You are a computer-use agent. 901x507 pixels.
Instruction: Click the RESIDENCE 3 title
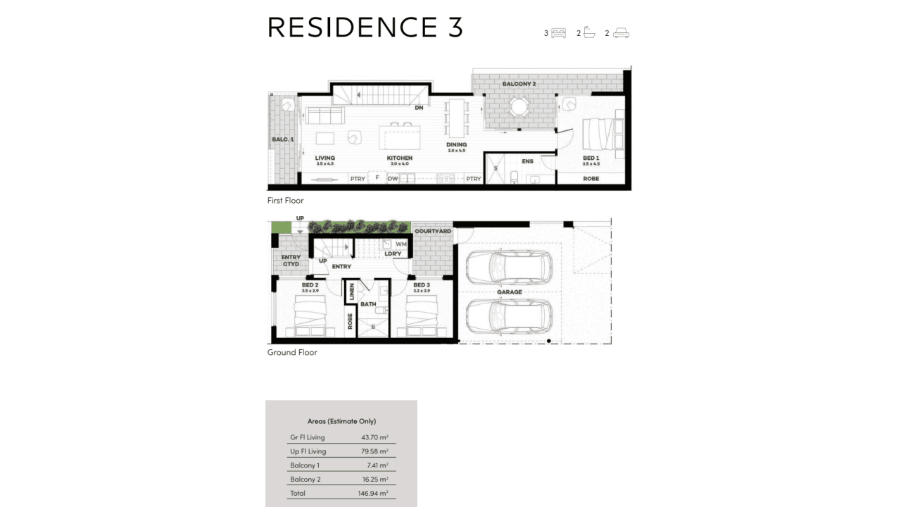click(365, 27)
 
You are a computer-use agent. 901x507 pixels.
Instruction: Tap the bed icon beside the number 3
click(559, 33)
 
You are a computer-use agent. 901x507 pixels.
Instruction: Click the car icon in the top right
click(621, 33)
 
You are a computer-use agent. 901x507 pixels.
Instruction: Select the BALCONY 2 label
click(519, 84)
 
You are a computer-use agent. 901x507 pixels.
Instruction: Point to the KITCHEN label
click(399, 158)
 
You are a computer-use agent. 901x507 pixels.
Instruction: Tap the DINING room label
click(456, 145)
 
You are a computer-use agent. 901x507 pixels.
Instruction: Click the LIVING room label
click(325, 158)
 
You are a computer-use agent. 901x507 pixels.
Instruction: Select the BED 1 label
click(591, 158)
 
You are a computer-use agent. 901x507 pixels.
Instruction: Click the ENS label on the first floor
click(527, 161)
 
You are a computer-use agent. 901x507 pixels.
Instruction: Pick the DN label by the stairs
click(419, 108)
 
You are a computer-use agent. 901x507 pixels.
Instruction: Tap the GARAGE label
click(509, 292)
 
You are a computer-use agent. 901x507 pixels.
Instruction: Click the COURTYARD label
click(432, 231)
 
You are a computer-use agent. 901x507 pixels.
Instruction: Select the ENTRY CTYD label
click(291, 261)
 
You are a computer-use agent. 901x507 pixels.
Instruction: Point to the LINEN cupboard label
click(351, 292)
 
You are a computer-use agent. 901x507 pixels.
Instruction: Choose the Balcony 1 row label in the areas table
click(305, 465)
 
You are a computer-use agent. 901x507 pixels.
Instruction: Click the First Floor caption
click(285, 201)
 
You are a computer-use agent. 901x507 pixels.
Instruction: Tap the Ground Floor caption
click(292, 352)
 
